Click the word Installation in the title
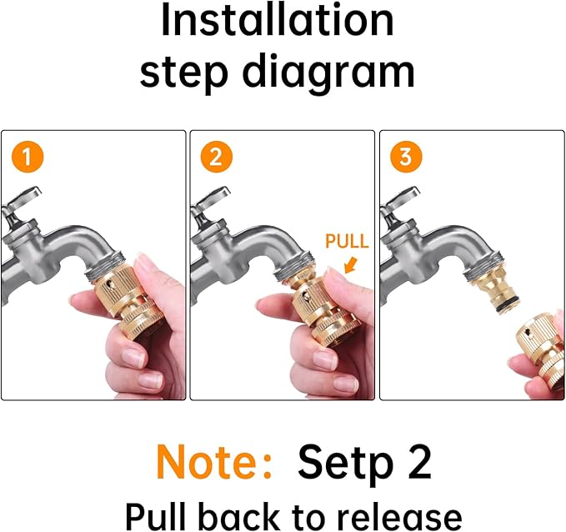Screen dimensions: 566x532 click(x=278, y=19)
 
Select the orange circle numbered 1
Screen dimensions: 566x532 click(x=27, y=158)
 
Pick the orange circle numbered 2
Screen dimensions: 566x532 click(x=216, y=158)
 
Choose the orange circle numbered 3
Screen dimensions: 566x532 click(x=406, y=158)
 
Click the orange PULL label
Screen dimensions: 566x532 click(x=347, y=241)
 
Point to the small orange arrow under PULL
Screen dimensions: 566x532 click(x=350, y=264)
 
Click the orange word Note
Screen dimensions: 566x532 click(x=213, y=462)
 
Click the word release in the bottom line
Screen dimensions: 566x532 click(x=395, y=516)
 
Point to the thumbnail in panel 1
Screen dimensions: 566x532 click(x=143, y=264)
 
